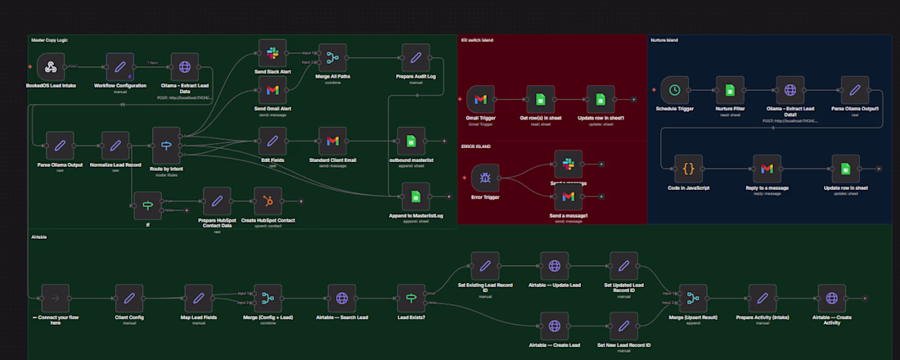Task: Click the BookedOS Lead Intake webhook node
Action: click(x=50, y=67)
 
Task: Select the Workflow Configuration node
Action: click(x=120, y=67)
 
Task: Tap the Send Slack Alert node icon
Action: click(x=272, y=53)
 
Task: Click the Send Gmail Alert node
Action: click(x=272, y=89)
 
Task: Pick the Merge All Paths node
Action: click(x=332, y=58)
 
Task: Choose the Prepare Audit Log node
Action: click(x=416, y=58)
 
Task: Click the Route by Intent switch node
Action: click(x=166, y=146)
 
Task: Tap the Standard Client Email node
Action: click(x=332, y=141)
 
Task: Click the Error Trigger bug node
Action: click(x=484, y=177)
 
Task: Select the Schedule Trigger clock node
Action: click(x=673, y=90)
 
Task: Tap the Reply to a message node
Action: click(x=767, y=169)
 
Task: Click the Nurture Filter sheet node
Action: click(x=729, y=90)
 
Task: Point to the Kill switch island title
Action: click(x=477, y=39)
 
